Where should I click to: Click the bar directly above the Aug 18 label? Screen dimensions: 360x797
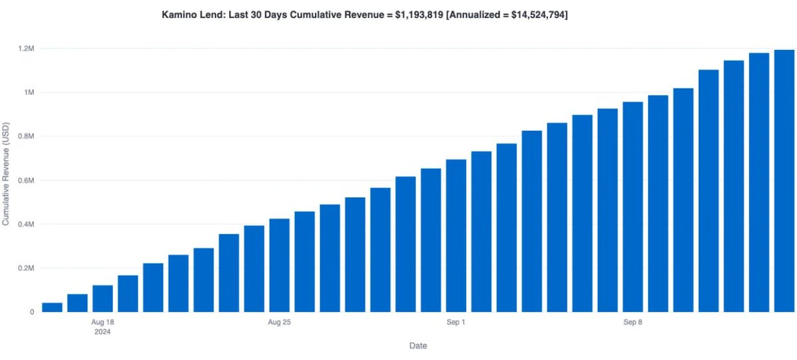(103, 298)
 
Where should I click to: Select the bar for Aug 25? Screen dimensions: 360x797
(280, 265)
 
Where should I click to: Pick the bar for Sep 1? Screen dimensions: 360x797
(456, 236)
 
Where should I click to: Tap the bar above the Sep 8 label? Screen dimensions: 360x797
(633, 207)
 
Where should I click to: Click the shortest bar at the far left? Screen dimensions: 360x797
(52, 307)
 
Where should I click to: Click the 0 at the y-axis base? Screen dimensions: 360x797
(32, 312)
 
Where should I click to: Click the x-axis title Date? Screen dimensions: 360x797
(418, 345)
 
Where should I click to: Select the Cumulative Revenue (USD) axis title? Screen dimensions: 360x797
(6, 173)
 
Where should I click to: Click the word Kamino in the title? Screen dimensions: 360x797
(177, 13)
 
